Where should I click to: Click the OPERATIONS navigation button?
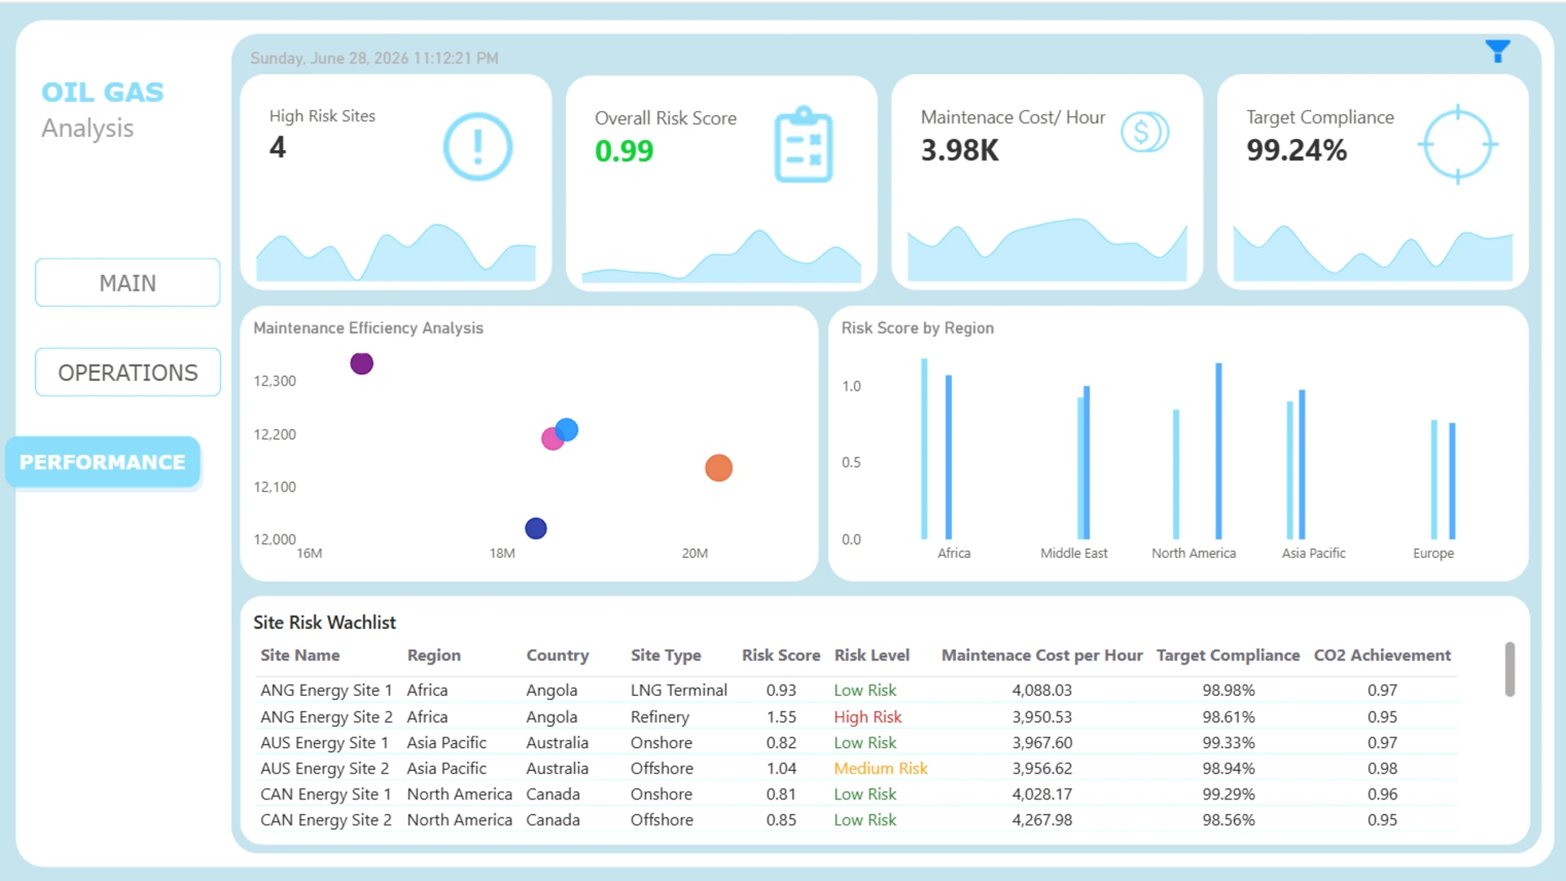[127, 373]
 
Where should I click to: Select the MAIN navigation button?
[127, 283]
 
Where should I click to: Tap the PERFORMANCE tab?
[103, 462]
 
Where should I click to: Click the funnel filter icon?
[1497, 51]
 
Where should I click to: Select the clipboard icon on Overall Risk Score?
[803, 144]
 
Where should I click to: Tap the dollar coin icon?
[1144, 131]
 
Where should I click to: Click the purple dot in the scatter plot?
[361, 363]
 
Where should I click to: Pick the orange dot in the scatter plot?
[719, 468]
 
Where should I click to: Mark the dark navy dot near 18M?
[536, 529]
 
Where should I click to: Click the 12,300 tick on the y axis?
[275, 381]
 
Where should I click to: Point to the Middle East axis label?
[1074, 553]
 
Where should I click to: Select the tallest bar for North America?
[1219, 451]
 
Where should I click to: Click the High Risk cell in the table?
[868, 717]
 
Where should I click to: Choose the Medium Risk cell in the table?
[881, 768]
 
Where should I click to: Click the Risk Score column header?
[781, 655]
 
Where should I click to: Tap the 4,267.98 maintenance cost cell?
[1042, 820]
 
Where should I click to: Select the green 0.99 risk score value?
[624, 151]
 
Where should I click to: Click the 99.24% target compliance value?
[1297, 150]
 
